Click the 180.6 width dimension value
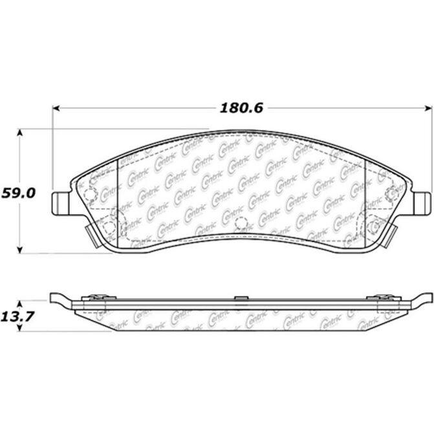point(241,108)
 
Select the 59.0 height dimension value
point(18,193)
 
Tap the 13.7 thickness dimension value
point(17,316)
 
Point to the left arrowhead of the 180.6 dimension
point(56,108)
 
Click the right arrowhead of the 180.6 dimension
point(428,108)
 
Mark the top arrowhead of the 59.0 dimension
point(19,133)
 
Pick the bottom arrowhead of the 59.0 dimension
point(19,250)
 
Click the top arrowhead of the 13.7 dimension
point(19,304)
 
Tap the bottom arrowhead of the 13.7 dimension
point(19,328)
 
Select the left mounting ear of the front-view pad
point(60,203)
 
